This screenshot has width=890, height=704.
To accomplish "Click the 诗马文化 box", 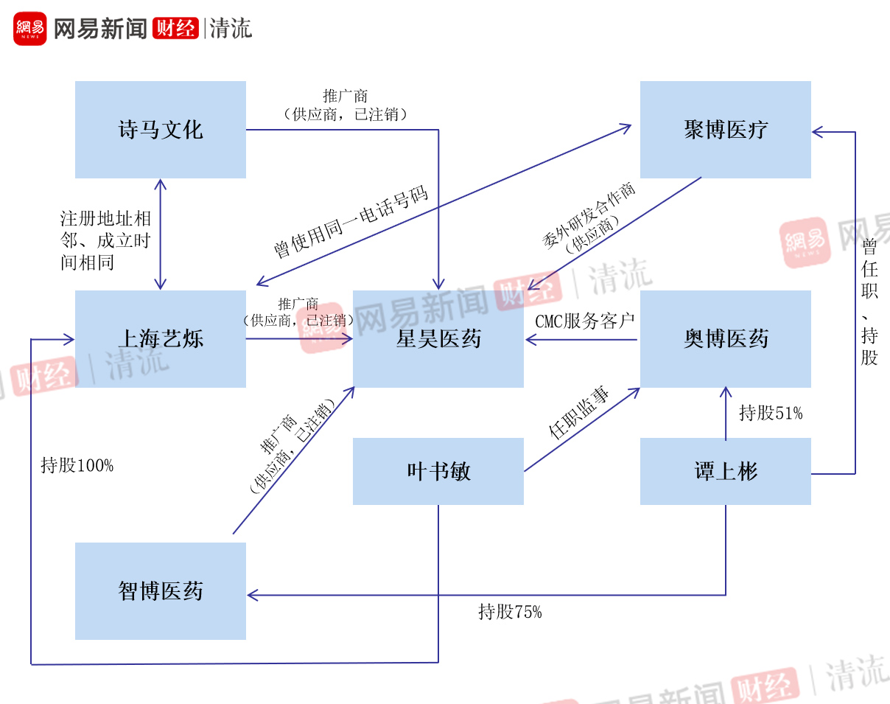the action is tap(160, 130).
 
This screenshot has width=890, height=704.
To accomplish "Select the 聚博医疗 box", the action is tap(725, 130).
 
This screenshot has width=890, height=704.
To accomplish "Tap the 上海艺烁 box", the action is tap(160, 339).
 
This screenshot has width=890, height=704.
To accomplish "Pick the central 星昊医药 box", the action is tap(438, 339).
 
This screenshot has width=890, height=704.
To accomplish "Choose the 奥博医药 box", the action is tap(725, 339).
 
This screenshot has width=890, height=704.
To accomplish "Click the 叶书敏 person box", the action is tap(438, 472).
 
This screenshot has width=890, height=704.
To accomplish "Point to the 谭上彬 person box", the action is tap(725, 472).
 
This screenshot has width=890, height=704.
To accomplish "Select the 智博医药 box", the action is tap(160, 591).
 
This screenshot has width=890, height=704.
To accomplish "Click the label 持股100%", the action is tap(77, 465).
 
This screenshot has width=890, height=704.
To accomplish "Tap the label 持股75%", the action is tap(510, 611).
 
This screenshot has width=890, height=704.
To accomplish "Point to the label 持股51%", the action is tap(771, 413).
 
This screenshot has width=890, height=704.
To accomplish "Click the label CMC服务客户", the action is tap(585, 322).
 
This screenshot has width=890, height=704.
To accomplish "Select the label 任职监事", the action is tap(579, 414).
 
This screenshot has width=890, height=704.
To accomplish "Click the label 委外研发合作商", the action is tap(589, 215).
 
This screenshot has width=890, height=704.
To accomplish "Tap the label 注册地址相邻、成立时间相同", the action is tap(105, 240).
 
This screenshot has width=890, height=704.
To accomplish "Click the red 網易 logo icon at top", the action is tap(30, 29).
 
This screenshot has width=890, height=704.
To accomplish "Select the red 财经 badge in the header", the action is tap(175, 29).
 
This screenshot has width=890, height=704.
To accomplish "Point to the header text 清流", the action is tap(231, 29).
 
